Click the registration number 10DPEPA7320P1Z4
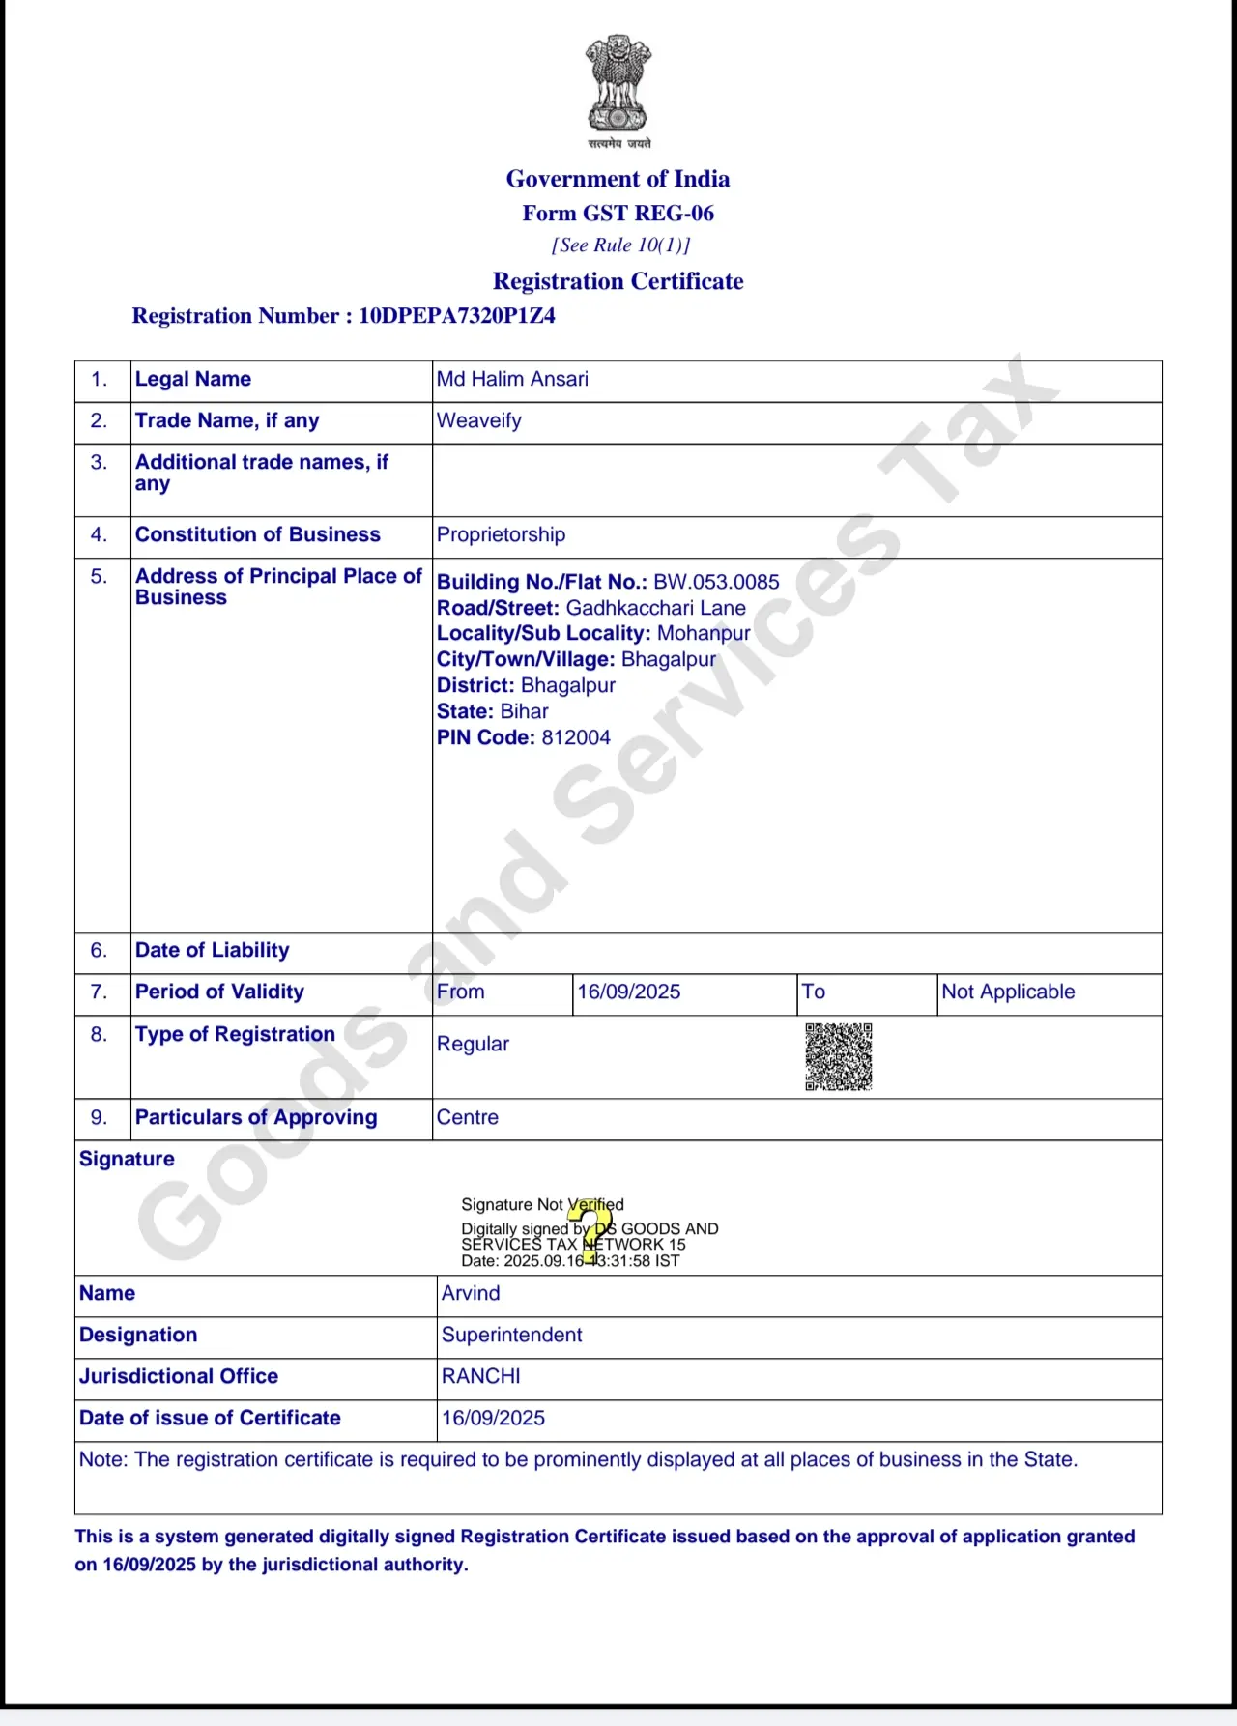point(456,316)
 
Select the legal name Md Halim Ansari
point(512,379)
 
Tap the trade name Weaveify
point(478,420)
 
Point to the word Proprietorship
point(501,534)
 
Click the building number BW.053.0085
point(716,582)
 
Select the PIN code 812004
point(576,737)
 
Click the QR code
point(838,1056)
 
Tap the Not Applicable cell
point(1008,992)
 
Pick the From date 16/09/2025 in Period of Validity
point(629,992)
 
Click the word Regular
point(473,1044)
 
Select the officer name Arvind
point(471,1293)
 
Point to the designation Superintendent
point(511,1335)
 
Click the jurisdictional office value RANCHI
point(480,1376)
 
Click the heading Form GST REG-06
point(618,214)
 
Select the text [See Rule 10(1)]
point(620,245)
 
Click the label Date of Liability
point(212,950)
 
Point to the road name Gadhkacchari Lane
point(655,608)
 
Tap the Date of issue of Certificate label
point(210,1418)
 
